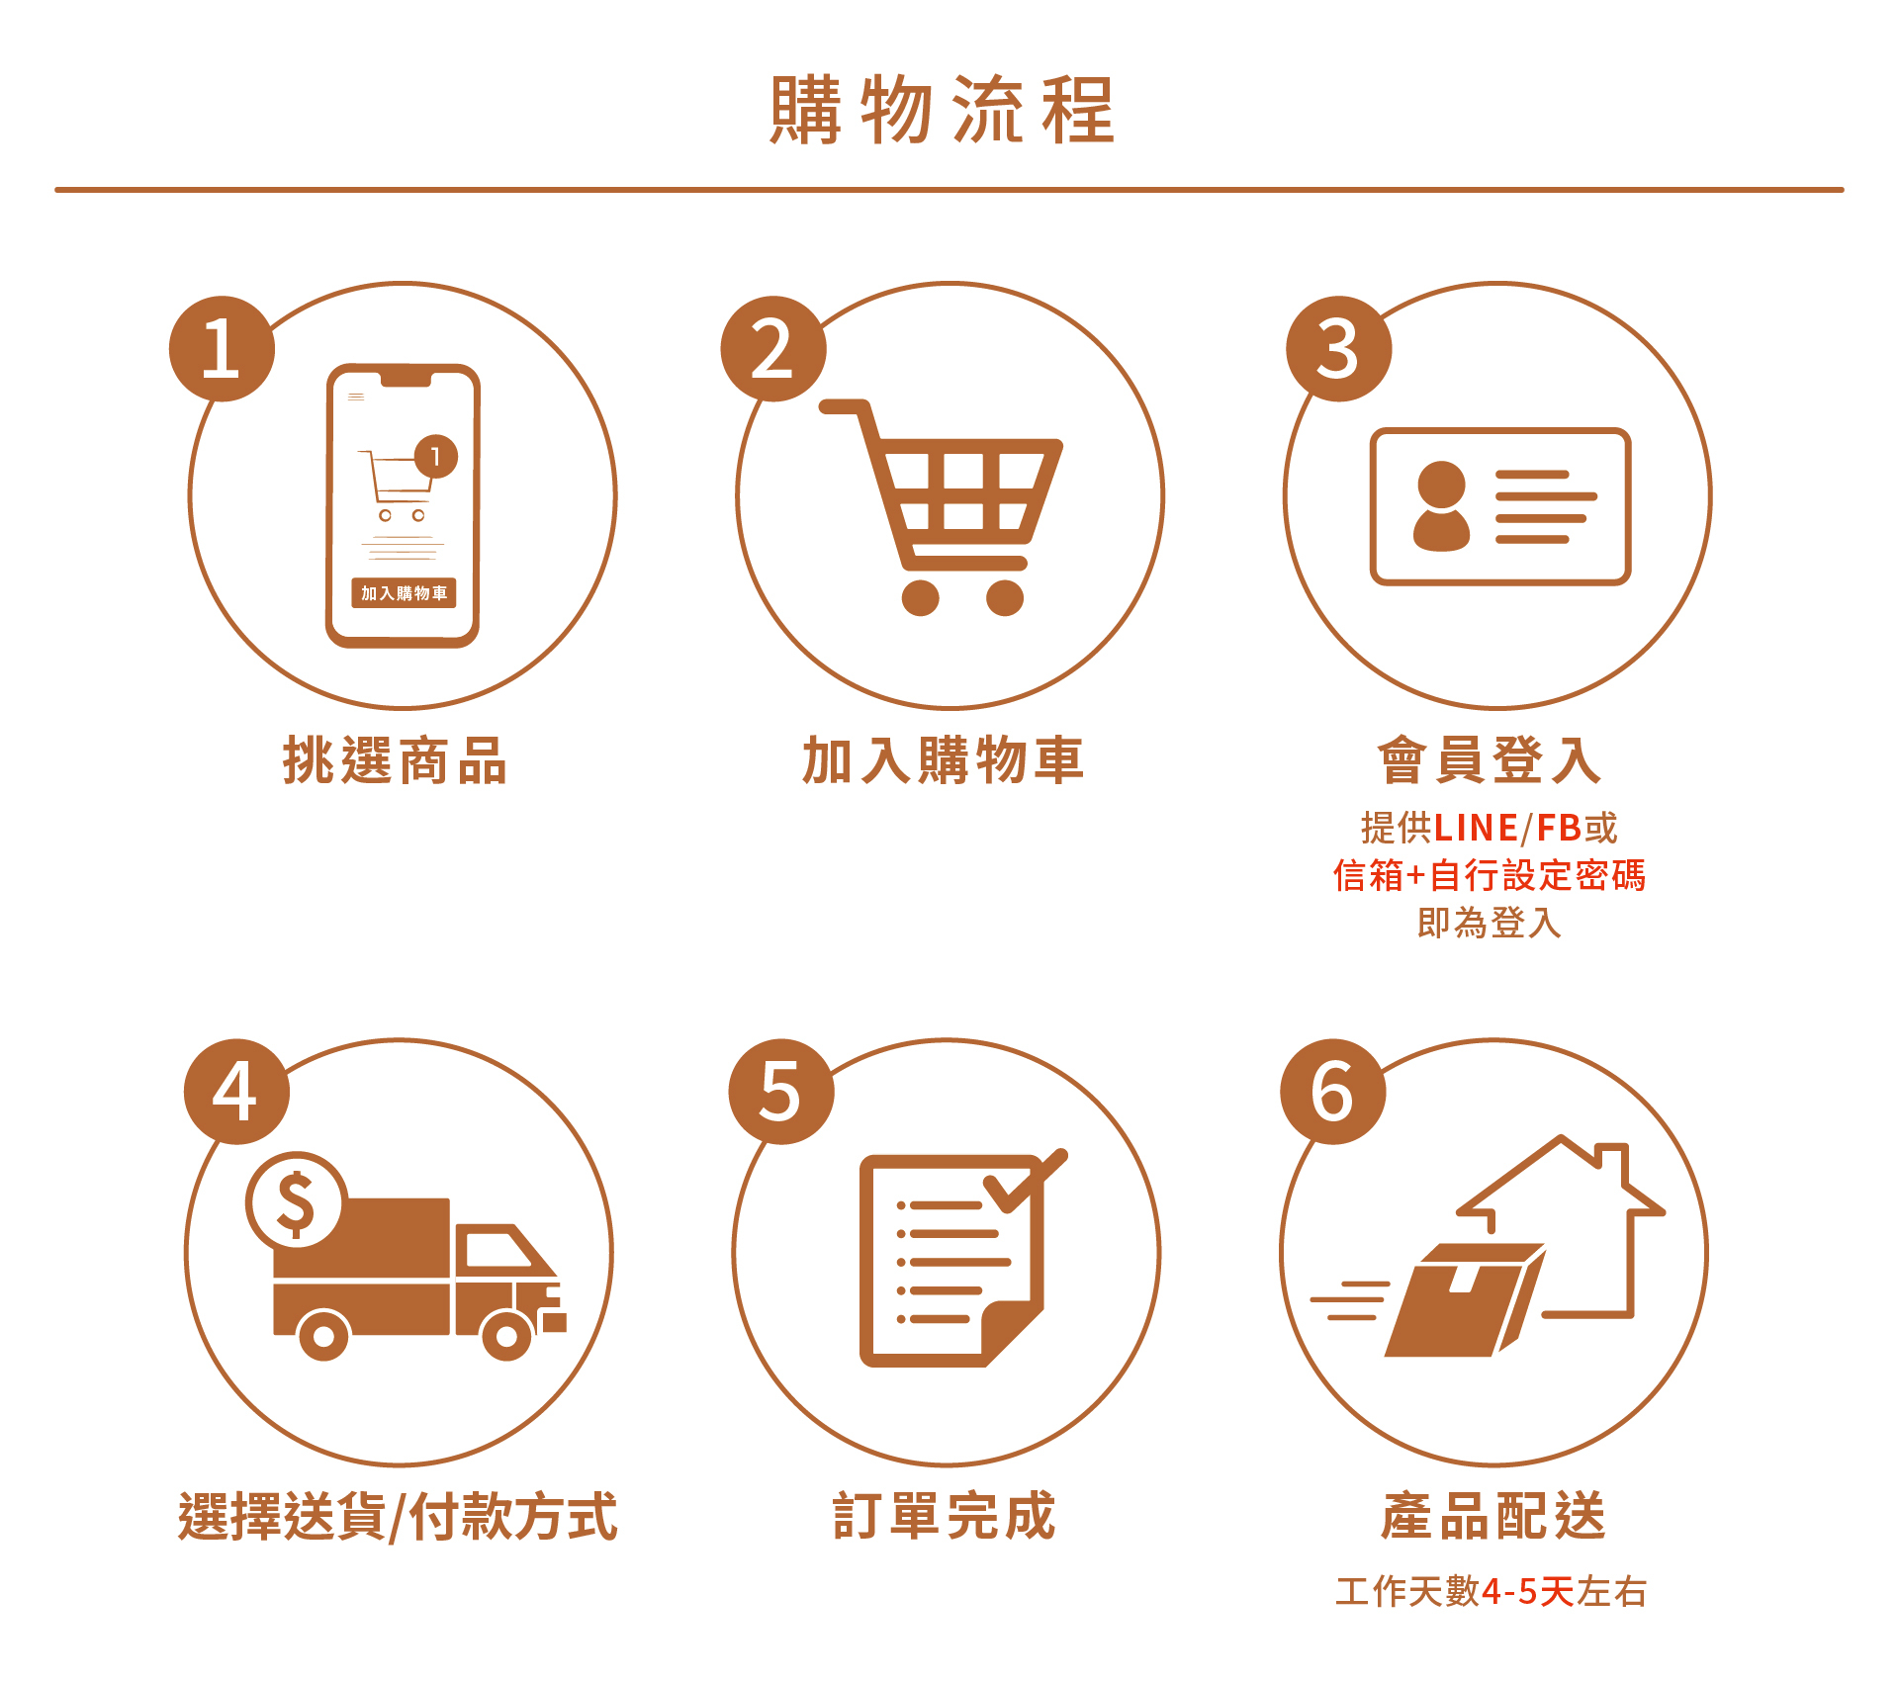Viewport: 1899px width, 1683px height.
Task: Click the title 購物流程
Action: click(x=943, y=109)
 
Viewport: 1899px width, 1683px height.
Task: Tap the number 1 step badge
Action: click(x=222, y=349)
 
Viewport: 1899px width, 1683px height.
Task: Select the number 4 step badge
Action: click(x=236, y=1092)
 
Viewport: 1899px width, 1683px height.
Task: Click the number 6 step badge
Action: click(x=1333, y=1092)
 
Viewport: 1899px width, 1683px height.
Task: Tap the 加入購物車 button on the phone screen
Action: click(x=404, y=592)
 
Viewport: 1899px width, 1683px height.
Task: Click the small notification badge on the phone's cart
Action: click(x=435, y=456)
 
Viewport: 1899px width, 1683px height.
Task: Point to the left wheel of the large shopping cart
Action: click(x=920, y=597)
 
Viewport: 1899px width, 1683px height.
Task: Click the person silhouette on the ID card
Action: click(x=1441, y=506)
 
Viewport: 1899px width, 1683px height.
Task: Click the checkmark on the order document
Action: click(x=1026, y=1180)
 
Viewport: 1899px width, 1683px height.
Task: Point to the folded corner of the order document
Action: click(x=1012, y=1335)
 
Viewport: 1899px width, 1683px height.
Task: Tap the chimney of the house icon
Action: click(x=1612, y=1166)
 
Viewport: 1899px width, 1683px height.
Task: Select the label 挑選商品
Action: click(x=395, y=760)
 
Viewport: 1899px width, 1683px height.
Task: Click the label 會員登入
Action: click(x=1490, y=760)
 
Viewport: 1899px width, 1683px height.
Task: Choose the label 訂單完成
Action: click(x=944, y=1516)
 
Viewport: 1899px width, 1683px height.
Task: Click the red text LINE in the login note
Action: click(x=1476, y=828)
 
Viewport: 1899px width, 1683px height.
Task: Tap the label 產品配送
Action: click(x=1492, y=1516)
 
